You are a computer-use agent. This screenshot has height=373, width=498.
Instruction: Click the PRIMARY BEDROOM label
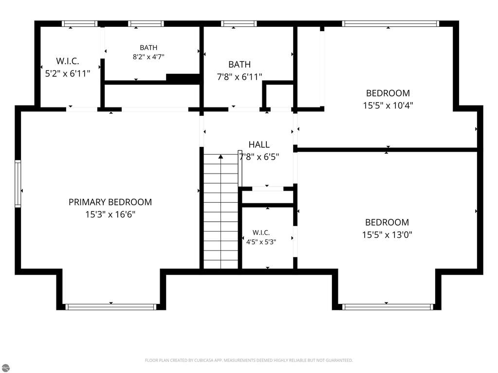[110, 202]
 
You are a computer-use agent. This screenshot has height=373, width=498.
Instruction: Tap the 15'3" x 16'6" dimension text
[110, 214]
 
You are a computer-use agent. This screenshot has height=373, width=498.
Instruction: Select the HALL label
[259, 144]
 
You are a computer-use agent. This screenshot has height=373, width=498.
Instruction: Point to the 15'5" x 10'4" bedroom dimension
[388, 106]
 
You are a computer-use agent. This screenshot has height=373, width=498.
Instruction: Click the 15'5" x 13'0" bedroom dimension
[387, 235]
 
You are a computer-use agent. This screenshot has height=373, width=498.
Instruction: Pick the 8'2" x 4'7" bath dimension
[148, 57]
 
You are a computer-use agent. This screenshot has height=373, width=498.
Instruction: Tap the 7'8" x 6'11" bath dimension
[240, 77]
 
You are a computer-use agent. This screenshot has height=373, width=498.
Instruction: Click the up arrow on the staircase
[221, 157]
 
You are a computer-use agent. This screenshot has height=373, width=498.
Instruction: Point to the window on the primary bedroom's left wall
[18, 184]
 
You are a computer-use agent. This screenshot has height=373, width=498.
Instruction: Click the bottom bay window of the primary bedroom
[111, 307]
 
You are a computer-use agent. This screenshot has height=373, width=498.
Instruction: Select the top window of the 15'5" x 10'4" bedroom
[390, 23]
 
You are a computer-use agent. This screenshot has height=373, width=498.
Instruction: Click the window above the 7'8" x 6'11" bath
[239, 23]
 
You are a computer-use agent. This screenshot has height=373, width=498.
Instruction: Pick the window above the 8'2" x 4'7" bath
[146, 23]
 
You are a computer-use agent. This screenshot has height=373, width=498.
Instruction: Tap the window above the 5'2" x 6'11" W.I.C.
[79, 23]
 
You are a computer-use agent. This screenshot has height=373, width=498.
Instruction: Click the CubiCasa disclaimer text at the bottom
[249, 360]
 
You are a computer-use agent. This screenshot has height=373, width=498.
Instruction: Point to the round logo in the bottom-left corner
[5, 368]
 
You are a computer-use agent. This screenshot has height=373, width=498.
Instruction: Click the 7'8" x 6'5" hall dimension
[259, 157]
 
